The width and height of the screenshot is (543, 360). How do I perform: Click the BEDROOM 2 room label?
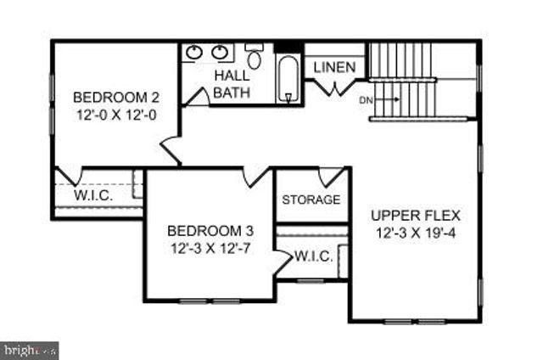115,95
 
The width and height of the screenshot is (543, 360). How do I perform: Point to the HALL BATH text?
231,84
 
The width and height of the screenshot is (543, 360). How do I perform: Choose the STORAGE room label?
311,200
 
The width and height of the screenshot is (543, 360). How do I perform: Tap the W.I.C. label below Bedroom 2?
93,194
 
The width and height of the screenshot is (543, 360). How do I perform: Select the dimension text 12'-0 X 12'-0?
115,112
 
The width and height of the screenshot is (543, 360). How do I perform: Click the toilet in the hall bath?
254,57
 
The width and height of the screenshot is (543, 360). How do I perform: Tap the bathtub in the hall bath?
288,78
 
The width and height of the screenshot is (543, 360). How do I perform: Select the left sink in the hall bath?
194,53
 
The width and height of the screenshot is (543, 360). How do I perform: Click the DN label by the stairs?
366,100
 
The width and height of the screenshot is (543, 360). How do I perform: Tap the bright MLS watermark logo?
30,348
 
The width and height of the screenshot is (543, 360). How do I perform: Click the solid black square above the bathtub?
288,48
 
